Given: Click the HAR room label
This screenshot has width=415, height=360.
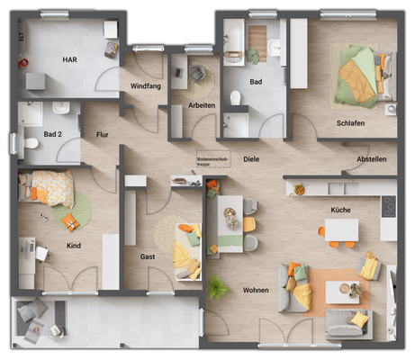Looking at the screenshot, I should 69,59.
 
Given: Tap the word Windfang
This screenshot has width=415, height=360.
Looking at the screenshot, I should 146,86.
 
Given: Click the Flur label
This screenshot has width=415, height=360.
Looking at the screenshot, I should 102,135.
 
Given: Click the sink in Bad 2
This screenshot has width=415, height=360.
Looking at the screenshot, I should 61,109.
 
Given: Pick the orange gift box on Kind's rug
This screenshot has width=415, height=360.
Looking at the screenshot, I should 76,221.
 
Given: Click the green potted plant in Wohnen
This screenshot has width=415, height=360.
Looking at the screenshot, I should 217,288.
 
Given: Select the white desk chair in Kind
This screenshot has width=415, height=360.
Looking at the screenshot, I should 41,252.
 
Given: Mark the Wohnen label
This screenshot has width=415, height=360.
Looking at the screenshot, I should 257,291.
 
